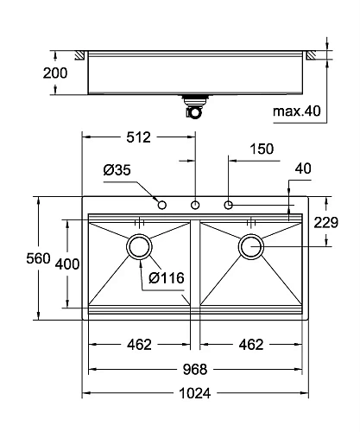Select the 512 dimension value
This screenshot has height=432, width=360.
[138, 137]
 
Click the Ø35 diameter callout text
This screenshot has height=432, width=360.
[117, 170]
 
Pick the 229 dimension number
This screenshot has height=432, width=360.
[326, 223]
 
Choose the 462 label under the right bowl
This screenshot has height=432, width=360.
[249, 345]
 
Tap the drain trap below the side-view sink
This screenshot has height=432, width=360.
[193, 106]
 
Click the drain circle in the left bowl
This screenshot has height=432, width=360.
[139, 246]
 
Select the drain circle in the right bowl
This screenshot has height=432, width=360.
[251, 246]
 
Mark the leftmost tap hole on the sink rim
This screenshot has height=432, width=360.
[161, 205]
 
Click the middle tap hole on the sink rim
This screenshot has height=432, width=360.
[195, 205]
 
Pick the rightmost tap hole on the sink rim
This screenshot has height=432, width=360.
[229, 205]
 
